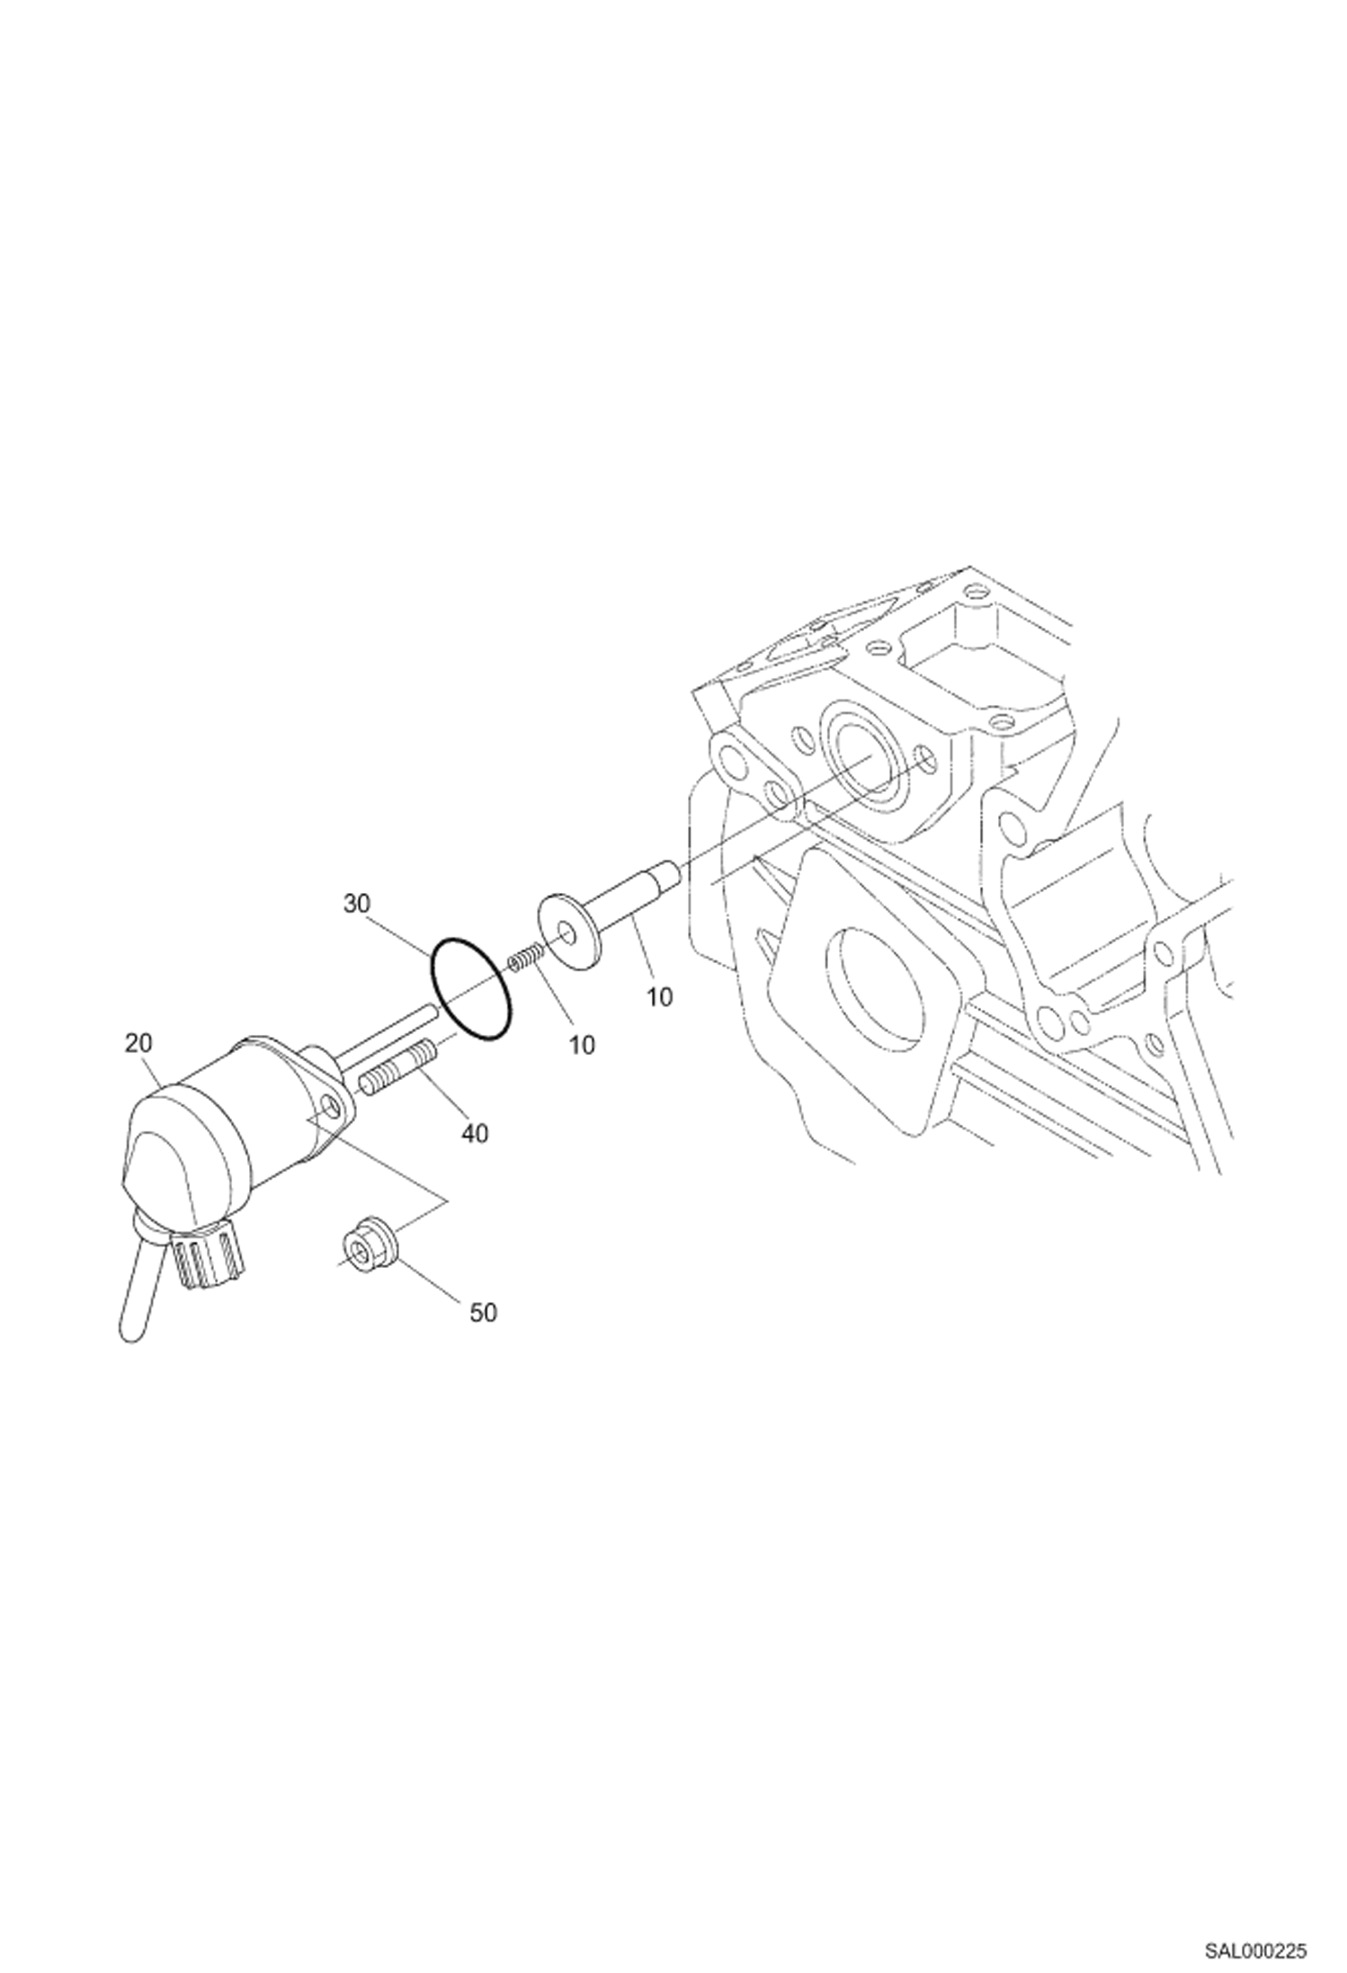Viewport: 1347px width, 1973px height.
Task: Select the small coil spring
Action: pos(524,958)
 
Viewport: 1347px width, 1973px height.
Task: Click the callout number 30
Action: pos(356,904)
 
